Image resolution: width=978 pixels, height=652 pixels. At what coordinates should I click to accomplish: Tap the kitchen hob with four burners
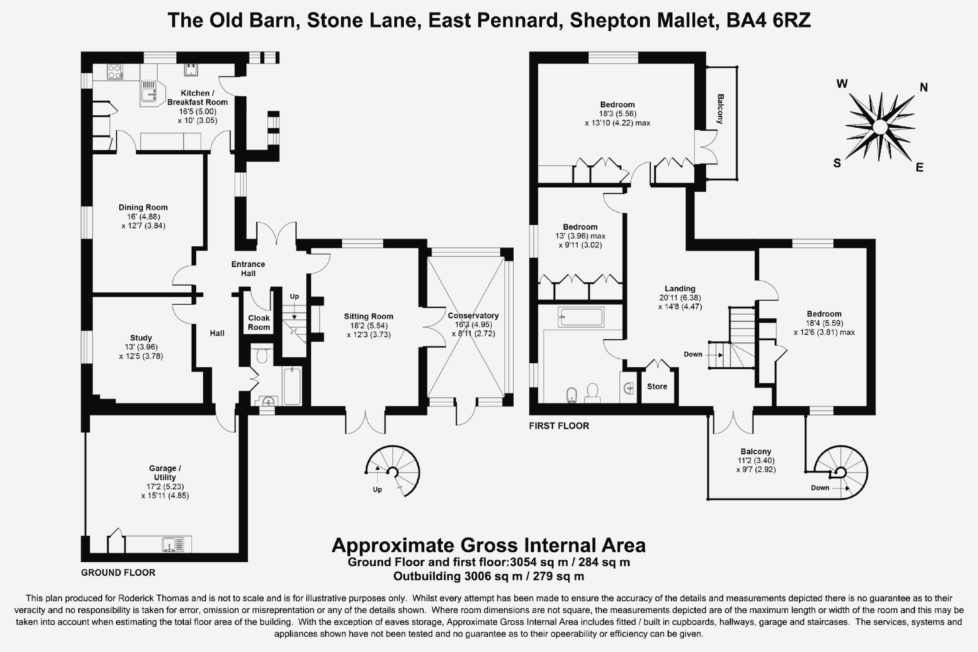click(x=115, y=72)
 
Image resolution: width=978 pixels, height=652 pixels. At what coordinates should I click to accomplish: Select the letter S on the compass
click(x=837, y=163)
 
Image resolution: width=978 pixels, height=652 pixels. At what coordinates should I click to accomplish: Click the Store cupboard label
click(x=657, y=386)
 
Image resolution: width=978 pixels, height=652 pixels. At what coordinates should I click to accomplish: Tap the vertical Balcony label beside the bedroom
click(x=720, y=109)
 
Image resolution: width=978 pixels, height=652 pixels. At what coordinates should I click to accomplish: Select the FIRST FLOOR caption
click(x=559, y=426)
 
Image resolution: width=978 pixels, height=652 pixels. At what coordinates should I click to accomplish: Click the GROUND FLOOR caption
click(x=118, y=573)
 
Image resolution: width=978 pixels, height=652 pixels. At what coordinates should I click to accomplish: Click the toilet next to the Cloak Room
click(x=262, y=355)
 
